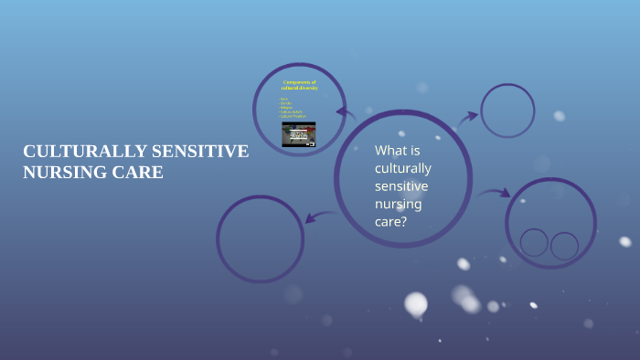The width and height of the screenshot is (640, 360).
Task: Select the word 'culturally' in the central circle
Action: [402, 168]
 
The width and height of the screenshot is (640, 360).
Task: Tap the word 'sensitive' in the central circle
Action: [400, 185]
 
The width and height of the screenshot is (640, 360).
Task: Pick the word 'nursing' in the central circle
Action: [398, 203]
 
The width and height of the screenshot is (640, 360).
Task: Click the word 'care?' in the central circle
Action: [390, 221]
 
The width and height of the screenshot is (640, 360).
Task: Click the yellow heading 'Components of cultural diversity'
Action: [299, 85]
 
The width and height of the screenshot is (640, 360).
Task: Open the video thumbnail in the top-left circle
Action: [298, 134]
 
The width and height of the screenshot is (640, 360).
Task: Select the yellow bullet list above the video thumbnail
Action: [293, 109]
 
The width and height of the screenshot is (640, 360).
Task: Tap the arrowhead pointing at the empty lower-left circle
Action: [310, 217]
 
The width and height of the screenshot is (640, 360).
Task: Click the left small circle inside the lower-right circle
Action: [534, 242]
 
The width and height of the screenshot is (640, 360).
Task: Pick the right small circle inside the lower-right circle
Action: [564, 245]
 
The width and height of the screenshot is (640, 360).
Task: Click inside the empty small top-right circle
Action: [507, 111]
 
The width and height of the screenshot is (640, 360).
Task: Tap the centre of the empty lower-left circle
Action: [260, 238]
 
